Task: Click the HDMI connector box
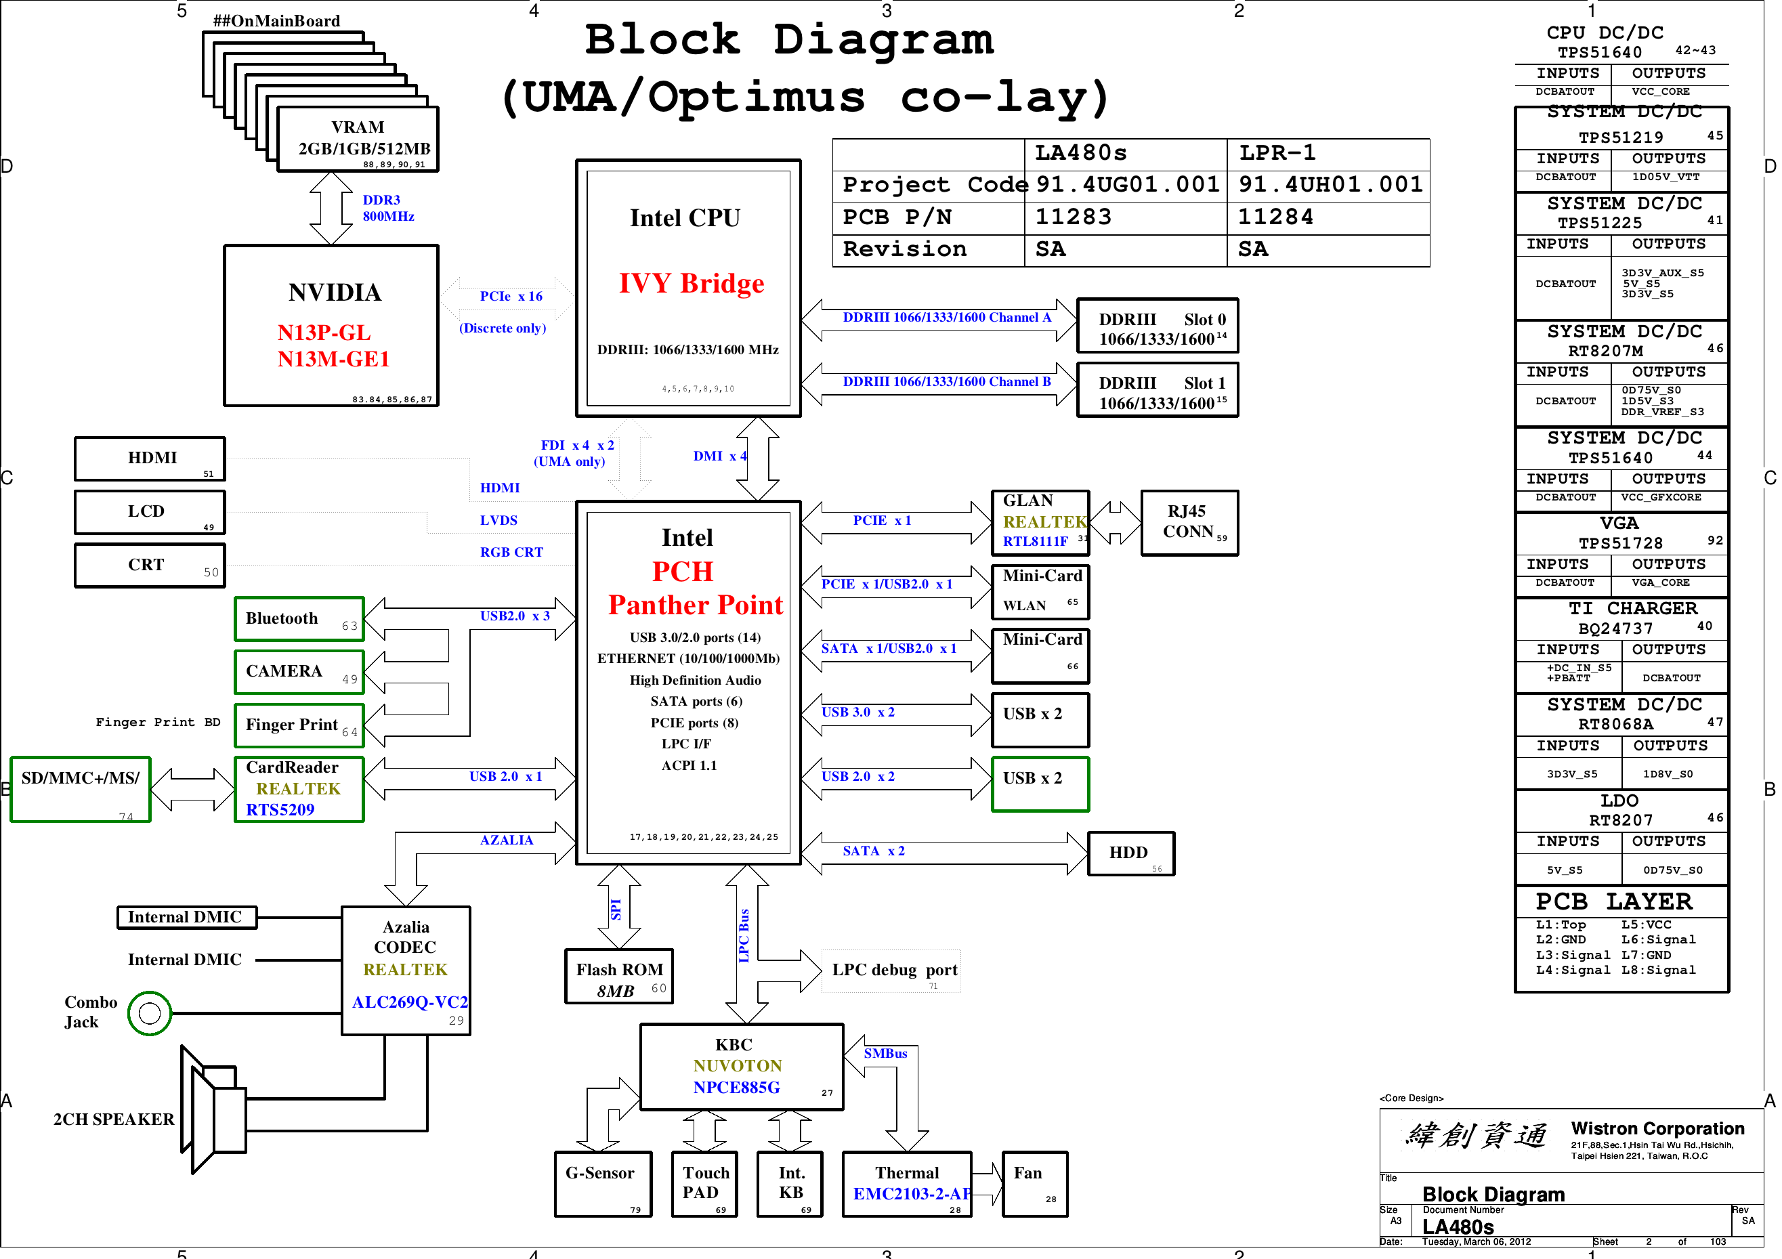click(150, 458)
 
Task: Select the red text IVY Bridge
click(691, 284)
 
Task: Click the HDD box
click(1130, 853)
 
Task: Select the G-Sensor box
click(602, 1184)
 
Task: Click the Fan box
click(1034, 1184)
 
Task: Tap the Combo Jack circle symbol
click(149, 1013)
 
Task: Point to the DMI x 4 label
click(719, 456)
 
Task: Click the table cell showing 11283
click(1074, 217)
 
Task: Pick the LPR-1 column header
click(1277, 153)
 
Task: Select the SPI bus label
click(616, 909)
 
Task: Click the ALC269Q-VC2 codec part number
click(410, 1002)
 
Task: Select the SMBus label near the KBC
click(885, 1053)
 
